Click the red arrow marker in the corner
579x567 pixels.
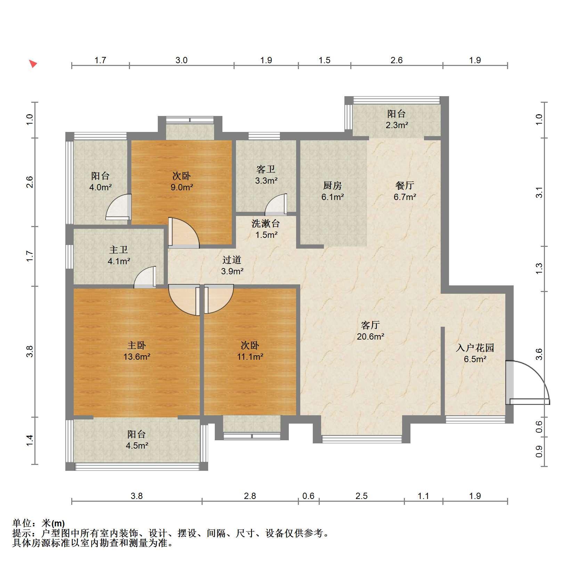coord(33,64)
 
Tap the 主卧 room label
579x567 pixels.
coord(137,345)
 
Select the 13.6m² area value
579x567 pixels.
coord(137,356)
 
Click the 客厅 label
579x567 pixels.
coord(370,325)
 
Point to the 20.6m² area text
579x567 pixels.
coord(370,336)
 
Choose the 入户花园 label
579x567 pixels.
coord(475,348)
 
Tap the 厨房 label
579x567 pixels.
coord(333,185)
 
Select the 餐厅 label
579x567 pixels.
coord(405,185)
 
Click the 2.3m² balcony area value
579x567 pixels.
coord(397,125)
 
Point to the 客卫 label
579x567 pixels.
coord(266,169)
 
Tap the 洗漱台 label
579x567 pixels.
coord(266,224)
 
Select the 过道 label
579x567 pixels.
coord(232,259)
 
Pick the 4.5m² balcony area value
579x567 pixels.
coord(137,445)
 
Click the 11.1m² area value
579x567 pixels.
coord(250,356)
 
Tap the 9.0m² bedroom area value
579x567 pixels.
coord(182,187)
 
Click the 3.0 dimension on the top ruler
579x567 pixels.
coord(181,60)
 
